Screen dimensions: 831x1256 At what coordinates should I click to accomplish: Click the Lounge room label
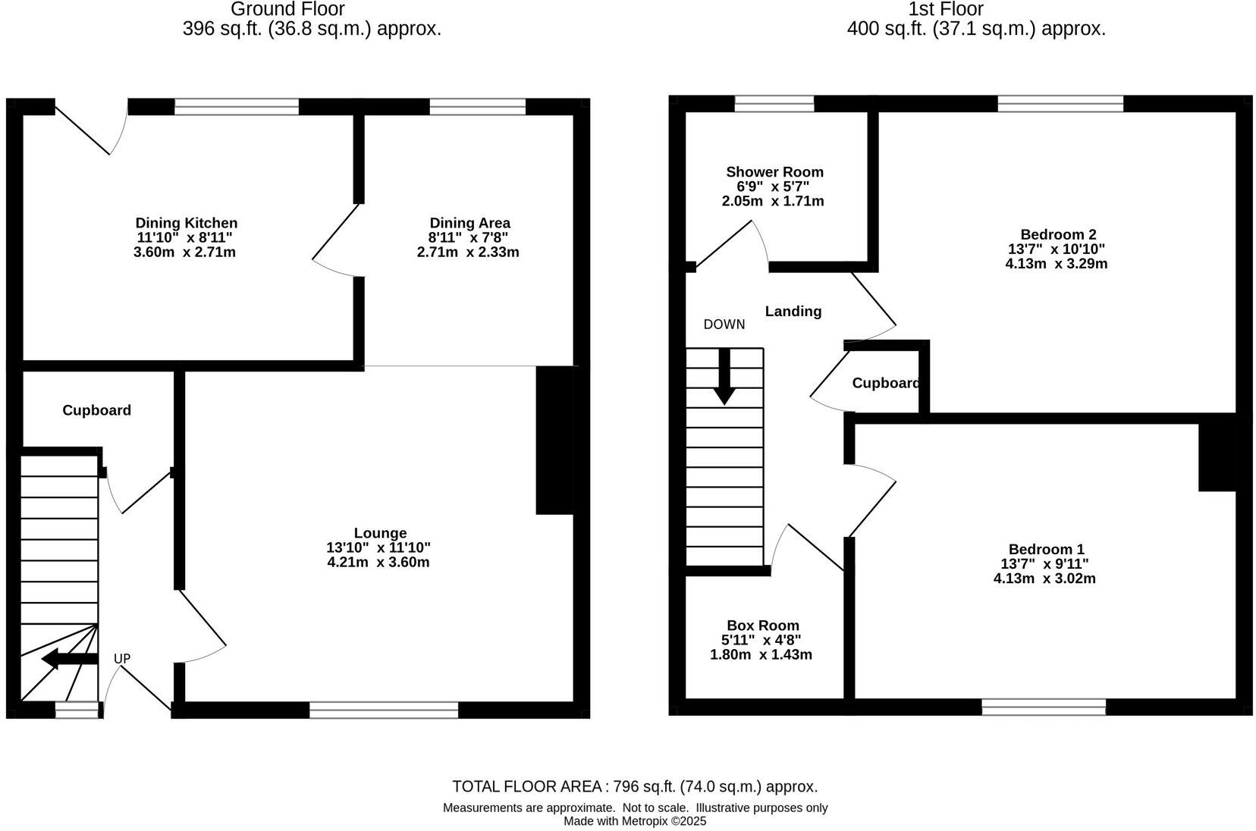pos(380,533)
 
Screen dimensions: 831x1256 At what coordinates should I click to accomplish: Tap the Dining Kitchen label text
pos(186,223)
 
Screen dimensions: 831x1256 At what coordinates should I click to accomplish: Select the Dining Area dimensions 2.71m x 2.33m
pos(468,252)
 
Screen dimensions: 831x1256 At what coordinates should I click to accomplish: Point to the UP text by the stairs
pos(122,659)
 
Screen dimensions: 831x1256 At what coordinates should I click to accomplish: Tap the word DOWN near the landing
pos(724,325)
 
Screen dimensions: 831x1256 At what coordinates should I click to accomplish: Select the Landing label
pos(793,311)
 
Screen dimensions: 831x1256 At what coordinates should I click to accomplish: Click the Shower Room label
pos(774,172)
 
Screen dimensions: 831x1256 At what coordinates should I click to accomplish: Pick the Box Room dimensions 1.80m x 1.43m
pos(761,654)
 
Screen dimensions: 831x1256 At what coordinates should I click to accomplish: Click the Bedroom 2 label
pos(1057,234)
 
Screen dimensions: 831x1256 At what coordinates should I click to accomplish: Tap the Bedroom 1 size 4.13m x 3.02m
pos(1044,579)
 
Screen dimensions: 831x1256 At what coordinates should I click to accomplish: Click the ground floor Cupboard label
pos(96,410)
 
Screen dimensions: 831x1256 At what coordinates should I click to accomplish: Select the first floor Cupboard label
pos(885,383)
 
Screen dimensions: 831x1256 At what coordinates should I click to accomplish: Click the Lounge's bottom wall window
pos(383,710)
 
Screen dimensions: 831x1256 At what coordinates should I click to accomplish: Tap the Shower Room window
pos(774,104)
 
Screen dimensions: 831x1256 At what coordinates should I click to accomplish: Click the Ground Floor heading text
pos(287,10)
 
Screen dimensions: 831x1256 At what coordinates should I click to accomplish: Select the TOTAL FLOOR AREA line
pos(635,786)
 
